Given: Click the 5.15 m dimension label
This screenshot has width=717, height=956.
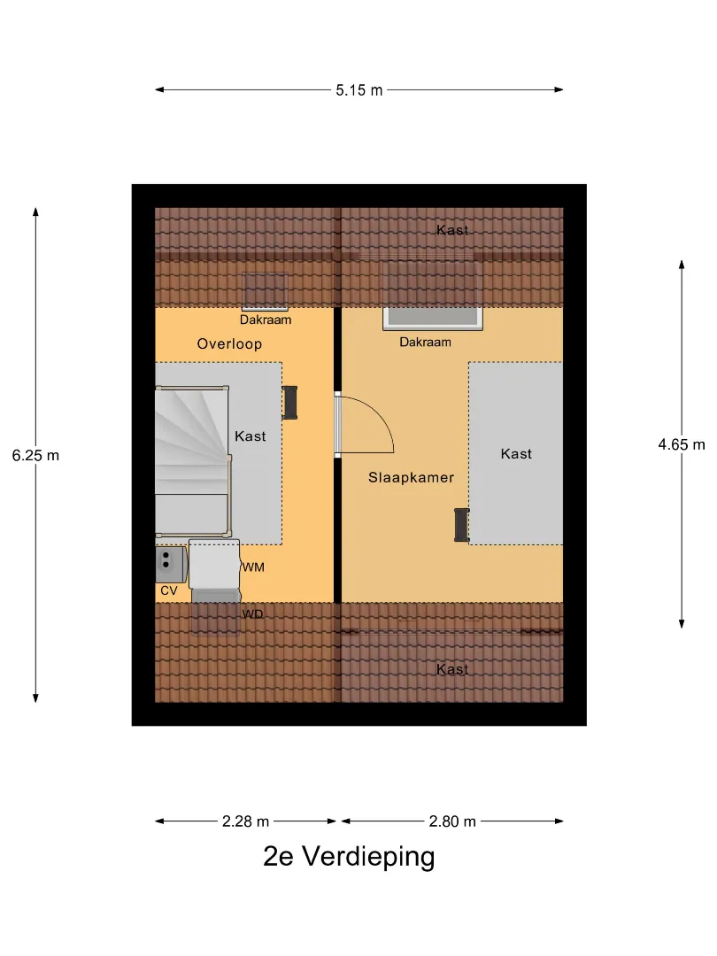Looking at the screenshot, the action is click(x=359, y=90).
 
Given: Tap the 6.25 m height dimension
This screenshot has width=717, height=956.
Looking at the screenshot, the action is click(x=36, y=456).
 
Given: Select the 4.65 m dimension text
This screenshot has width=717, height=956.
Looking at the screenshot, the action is click(x=681, y=444).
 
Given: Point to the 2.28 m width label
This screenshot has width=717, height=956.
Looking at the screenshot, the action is click(x=245, y=821).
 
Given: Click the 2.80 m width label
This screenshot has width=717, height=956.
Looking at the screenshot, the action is click(x=451, y=821).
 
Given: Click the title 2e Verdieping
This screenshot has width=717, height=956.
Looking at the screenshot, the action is click(x=349, y=856).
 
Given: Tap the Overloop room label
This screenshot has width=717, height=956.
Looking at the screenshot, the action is click(x=229, y=343).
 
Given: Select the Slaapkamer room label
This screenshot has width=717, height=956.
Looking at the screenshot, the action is click(x=411, y=477).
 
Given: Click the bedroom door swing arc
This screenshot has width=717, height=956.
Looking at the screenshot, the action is click(x=378, y=416).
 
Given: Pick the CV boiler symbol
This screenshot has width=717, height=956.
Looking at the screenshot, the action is click(x=172, y=565).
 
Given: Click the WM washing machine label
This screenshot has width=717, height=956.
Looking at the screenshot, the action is click(x=254, y=567).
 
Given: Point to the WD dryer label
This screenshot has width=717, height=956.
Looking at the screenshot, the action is click(x=252, y=614).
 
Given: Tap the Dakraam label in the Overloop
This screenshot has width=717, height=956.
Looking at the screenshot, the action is click(x=266, y=320).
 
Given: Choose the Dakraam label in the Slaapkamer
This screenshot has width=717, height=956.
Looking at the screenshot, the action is click(x=425, y=342).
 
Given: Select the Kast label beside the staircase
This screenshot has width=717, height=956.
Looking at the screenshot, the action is click(x=250, y=436).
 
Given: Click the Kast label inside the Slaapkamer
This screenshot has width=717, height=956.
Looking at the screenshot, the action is click(x=516, y=453).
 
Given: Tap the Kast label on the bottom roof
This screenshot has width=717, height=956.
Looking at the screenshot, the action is click(x=452, y=669).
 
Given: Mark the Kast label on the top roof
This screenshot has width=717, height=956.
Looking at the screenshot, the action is click(x=452, y=230).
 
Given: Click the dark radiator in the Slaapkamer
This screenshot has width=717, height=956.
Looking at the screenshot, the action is click(x=461, y=525).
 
